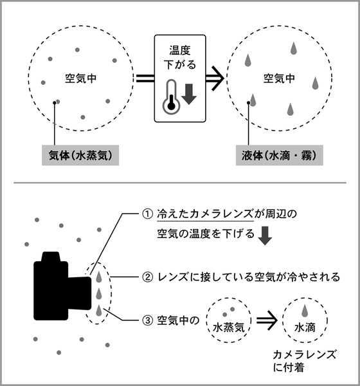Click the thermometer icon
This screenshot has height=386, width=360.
pyautogui.click(x=170, y=96)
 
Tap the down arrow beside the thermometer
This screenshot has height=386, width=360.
pyautogui.click(x=189, y=93)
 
